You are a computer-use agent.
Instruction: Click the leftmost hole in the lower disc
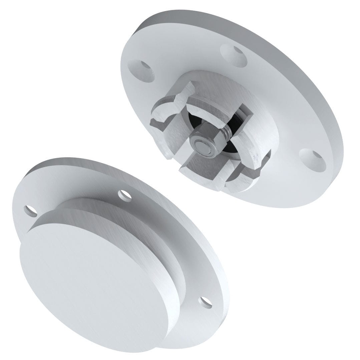(x=31, y=210)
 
